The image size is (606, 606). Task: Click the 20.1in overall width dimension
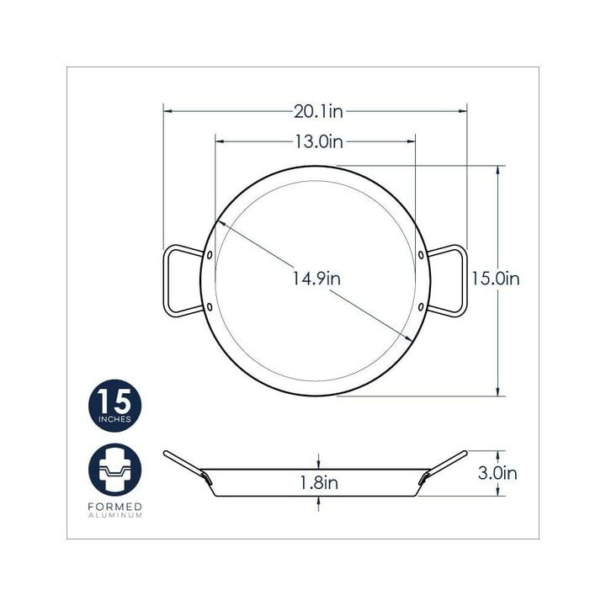(x=318, y=112)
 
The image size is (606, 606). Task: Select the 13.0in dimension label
(x=319, y=142)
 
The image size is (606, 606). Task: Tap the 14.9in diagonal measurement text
(x=316, y=279)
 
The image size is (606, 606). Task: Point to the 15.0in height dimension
(x=495, y=279)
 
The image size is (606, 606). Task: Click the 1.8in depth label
(x=319, y=483)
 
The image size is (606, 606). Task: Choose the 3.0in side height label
(x=497, y=473)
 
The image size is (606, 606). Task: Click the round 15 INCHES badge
(x=114, y=406)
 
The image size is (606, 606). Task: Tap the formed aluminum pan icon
(x=114, y=470)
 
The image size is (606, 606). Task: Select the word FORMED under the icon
(x=114, y=507)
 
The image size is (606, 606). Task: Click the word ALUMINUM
(x=114, y=516)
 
